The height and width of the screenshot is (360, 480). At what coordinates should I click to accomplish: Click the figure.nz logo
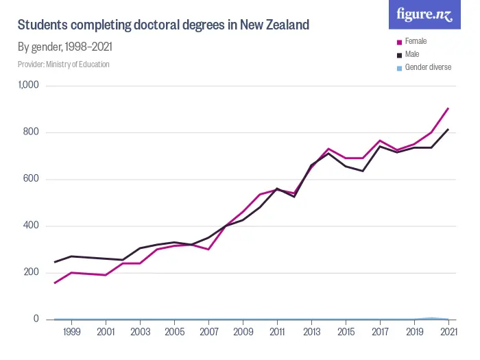pos(424,14)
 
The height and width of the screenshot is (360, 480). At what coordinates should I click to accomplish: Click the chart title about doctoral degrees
pos(163,25)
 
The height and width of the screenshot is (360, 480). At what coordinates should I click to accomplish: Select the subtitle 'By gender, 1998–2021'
pos(65,47)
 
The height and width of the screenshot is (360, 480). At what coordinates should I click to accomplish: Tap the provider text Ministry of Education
pos(64,64)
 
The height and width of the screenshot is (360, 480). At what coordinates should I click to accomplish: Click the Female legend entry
pos(416,41)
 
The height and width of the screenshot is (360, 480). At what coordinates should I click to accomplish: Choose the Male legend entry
pos(412,54)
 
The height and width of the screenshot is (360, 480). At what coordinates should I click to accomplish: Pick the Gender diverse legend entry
pos(428,67)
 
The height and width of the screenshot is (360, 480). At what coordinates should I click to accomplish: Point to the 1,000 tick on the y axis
pos(29,86)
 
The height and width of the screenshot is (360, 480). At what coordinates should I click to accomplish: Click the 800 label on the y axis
pos(32,132)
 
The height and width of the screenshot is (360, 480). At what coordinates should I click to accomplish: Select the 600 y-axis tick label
pos(32,179)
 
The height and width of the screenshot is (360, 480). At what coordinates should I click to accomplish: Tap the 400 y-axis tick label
pos(32,226)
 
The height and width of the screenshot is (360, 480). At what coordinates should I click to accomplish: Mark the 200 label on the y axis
pos(32,272)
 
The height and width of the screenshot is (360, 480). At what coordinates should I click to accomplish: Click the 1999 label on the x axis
pos(71,333)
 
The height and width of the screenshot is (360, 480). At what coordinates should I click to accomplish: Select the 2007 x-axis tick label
pos(208,333)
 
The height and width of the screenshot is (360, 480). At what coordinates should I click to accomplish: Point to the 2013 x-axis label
pos(311,333)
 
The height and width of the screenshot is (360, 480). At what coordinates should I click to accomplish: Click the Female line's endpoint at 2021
pos(448,108)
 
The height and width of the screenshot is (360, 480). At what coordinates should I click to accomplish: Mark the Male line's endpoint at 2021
pos(448,129)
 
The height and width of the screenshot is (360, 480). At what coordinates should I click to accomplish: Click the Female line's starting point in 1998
pos(54,283)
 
